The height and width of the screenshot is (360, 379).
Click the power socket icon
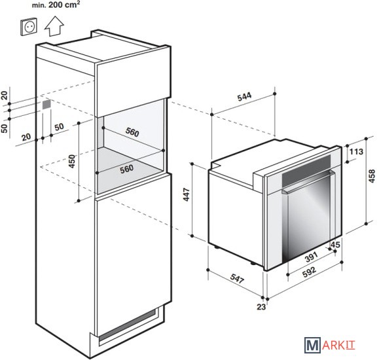coord(29,26)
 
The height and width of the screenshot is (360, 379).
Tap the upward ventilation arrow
coord(54,26)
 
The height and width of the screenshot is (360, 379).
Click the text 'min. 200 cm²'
coord(56,5)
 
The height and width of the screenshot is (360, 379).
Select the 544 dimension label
coord(244,96)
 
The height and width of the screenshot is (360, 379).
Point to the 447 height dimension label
coord(187,194)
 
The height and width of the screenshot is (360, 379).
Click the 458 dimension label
coord(372,176)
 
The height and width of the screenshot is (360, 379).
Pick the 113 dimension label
coord(356,152)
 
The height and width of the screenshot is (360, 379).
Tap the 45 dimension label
coord(335,244)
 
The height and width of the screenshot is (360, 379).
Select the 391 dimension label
coord(311,257)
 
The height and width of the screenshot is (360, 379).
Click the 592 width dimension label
coord(309,270)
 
